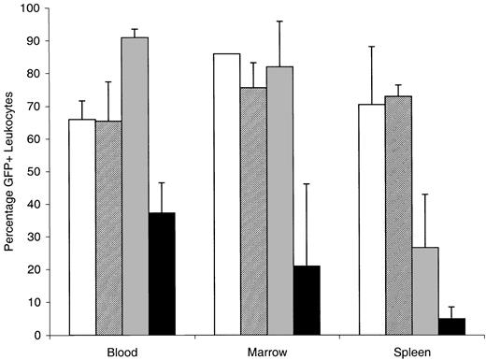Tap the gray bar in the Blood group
[135, 186]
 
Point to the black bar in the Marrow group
[307, 299]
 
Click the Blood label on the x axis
[121, 351]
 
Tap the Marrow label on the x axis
[267, 351]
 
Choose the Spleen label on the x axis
[413, 351]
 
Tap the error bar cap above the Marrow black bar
[307, 184]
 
